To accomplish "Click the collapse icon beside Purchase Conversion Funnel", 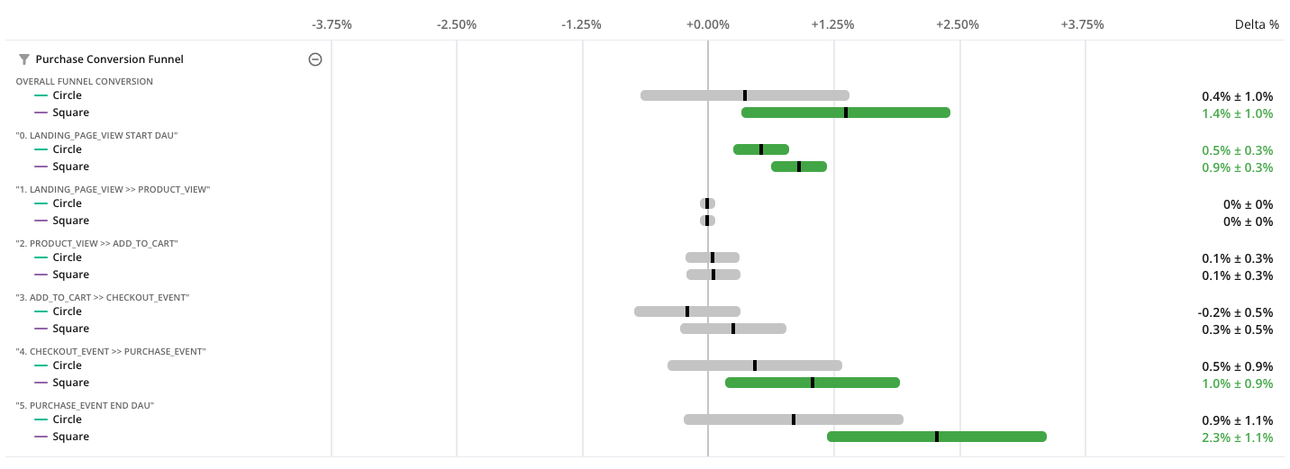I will click(315, 59).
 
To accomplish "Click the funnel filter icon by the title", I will click(24, 59).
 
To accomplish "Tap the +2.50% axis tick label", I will click(958, 24).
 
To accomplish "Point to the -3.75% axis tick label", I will click(332, 24).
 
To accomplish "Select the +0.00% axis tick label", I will click(707, 24).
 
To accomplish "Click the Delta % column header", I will click(1256, 24).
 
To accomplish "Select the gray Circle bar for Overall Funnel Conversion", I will click(694, 95).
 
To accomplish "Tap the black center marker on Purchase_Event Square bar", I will click(937, 437).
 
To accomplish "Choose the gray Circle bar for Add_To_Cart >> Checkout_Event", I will click(662, 311).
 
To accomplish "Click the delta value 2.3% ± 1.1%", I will click(1237, 437).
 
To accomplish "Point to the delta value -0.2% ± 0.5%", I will click(1235, 311).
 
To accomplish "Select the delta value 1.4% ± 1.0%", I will click(1237, 113).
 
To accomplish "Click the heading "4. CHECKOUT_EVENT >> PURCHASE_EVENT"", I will click(111, 351).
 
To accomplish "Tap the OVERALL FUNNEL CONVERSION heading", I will click(85, 81).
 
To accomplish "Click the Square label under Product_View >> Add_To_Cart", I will click(70, 275).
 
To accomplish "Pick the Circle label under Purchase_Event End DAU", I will click(67, 419).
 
